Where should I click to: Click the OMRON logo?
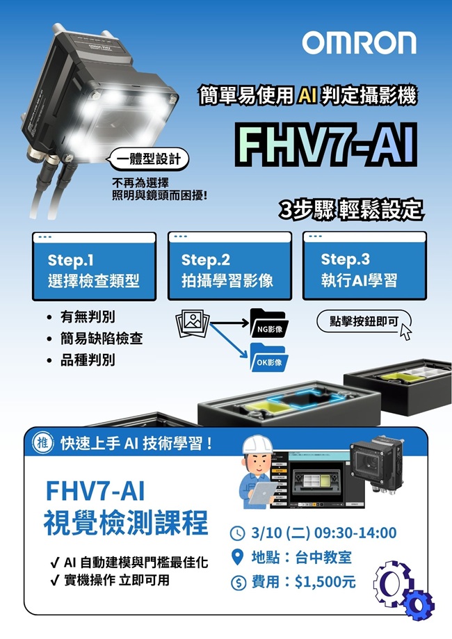click(359, 43)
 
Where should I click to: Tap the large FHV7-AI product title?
click(326, 145)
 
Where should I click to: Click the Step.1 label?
click(70, 260)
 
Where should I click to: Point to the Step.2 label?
click(205, 260)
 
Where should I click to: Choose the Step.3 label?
click(345, 259)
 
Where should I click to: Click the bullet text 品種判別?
click(88, 360)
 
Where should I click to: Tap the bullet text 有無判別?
click(88, 316)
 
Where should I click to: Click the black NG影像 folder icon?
click(268, 323)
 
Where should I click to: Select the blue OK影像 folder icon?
click(268, 357)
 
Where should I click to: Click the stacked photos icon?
click(193, 324)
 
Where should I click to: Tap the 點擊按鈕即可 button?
click(364, 322)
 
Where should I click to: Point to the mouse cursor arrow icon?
click(406, 332)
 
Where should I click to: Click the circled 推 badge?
click(43, 443)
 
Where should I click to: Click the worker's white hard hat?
click(257, 445)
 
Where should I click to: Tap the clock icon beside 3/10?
click(238, 533)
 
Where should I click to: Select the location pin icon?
click(237, 557)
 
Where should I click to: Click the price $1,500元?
click(325, 582)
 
